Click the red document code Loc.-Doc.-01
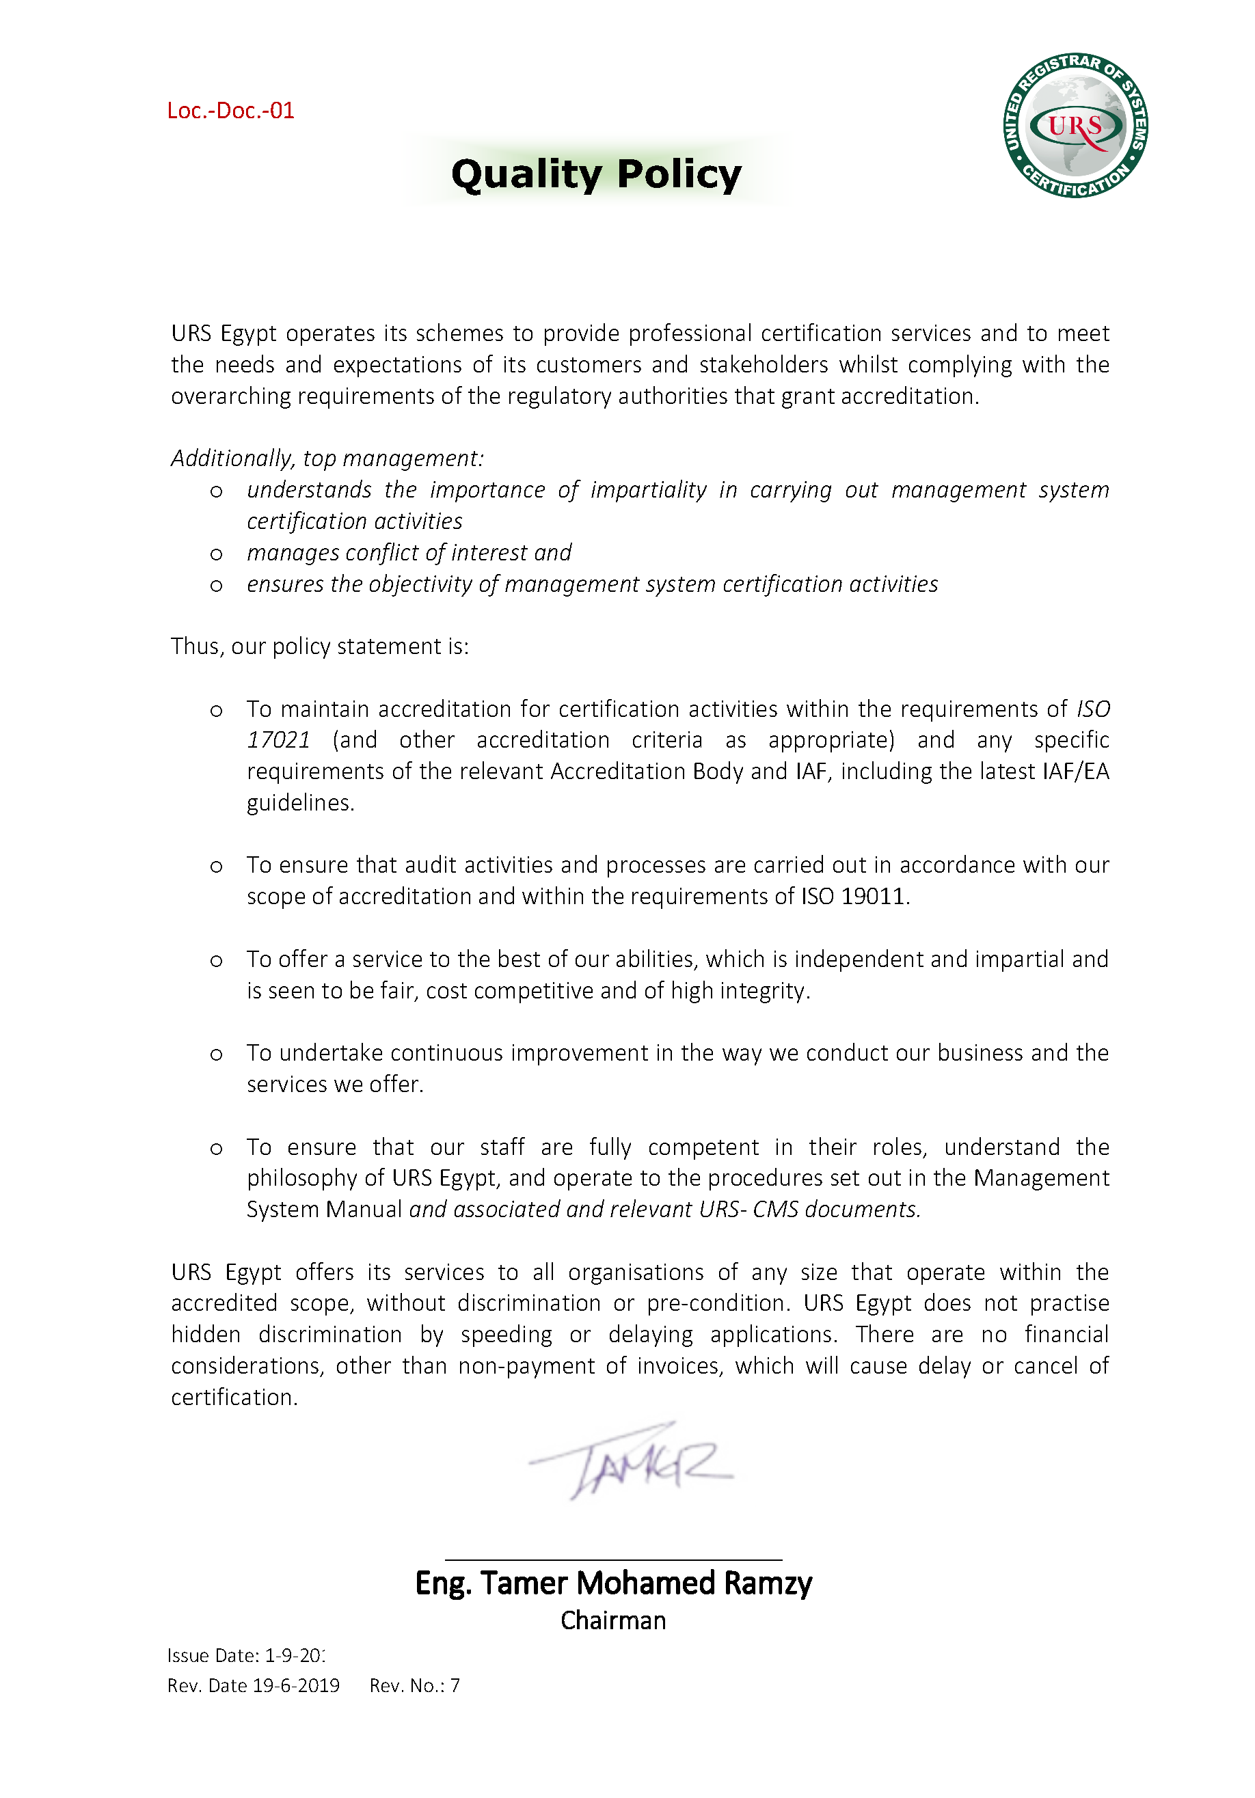pyautogui.click(x=230, y=111)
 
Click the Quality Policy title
pyautogui.click(x=596, y=174)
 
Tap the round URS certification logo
pyautogui.click(x=1076, y=126)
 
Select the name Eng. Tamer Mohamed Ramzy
pyautogui.click(x=612, y=1583)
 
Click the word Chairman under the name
pyautogui.click(x=612, y=1620)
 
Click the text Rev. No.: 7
pyautogui.click(x=414, y=1685)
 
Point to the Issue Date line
pyautogui.click(x=245, y=1655)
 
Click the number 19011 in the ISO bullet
pyautogui.click(x=873, y=896)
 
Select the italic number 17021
pyautogui.click(x=278, y=740)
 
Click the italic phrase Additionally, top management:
pyautogui.click(x=327, y=458)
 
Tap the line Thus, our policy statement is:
pyautogui.click(x=320, y=646)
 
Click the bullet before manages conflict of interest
pyautogui.click(x=216, y=554)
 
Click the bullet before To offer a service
pyautogui.click(x=216, y=961)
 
